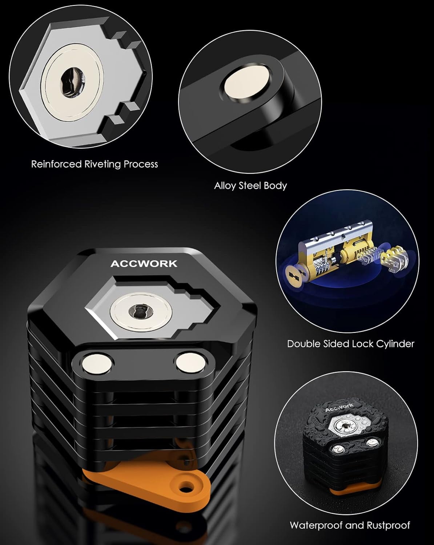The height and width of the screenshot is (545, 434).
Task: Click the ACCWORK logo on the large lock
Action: pyautogui.click(x=144, y=264)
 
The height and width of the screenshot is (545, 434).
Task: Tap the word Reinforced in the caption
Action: pyautogui.click(x=56, y=164)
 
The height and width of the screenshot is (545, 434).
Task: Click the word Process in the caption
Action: pyautogui.click(x=141, y=164)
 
